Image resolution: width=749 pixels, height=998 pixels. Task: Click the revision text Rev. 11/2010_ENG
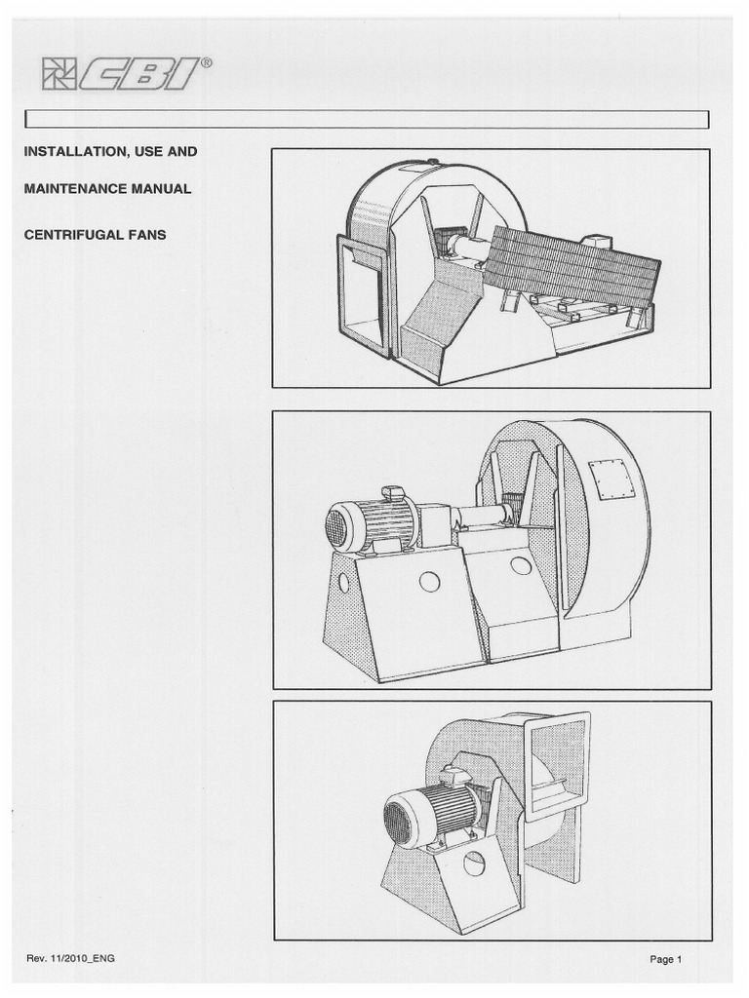tap(71, 959)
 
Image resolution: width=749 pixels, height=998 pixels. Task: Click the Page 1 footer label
tap(666, 959)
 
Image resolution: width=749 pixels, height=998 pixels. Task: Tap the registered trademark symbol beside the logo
tap(206, 61)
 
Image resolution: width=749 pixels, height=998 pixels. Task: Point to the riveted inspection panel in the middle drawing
tap(612, 480)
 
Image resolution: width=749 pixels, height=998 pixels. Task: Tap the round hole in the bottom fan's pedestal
tap(474, 864)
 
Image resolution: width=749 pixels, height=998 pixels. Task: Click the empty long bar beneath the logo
tap(367, 119)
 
